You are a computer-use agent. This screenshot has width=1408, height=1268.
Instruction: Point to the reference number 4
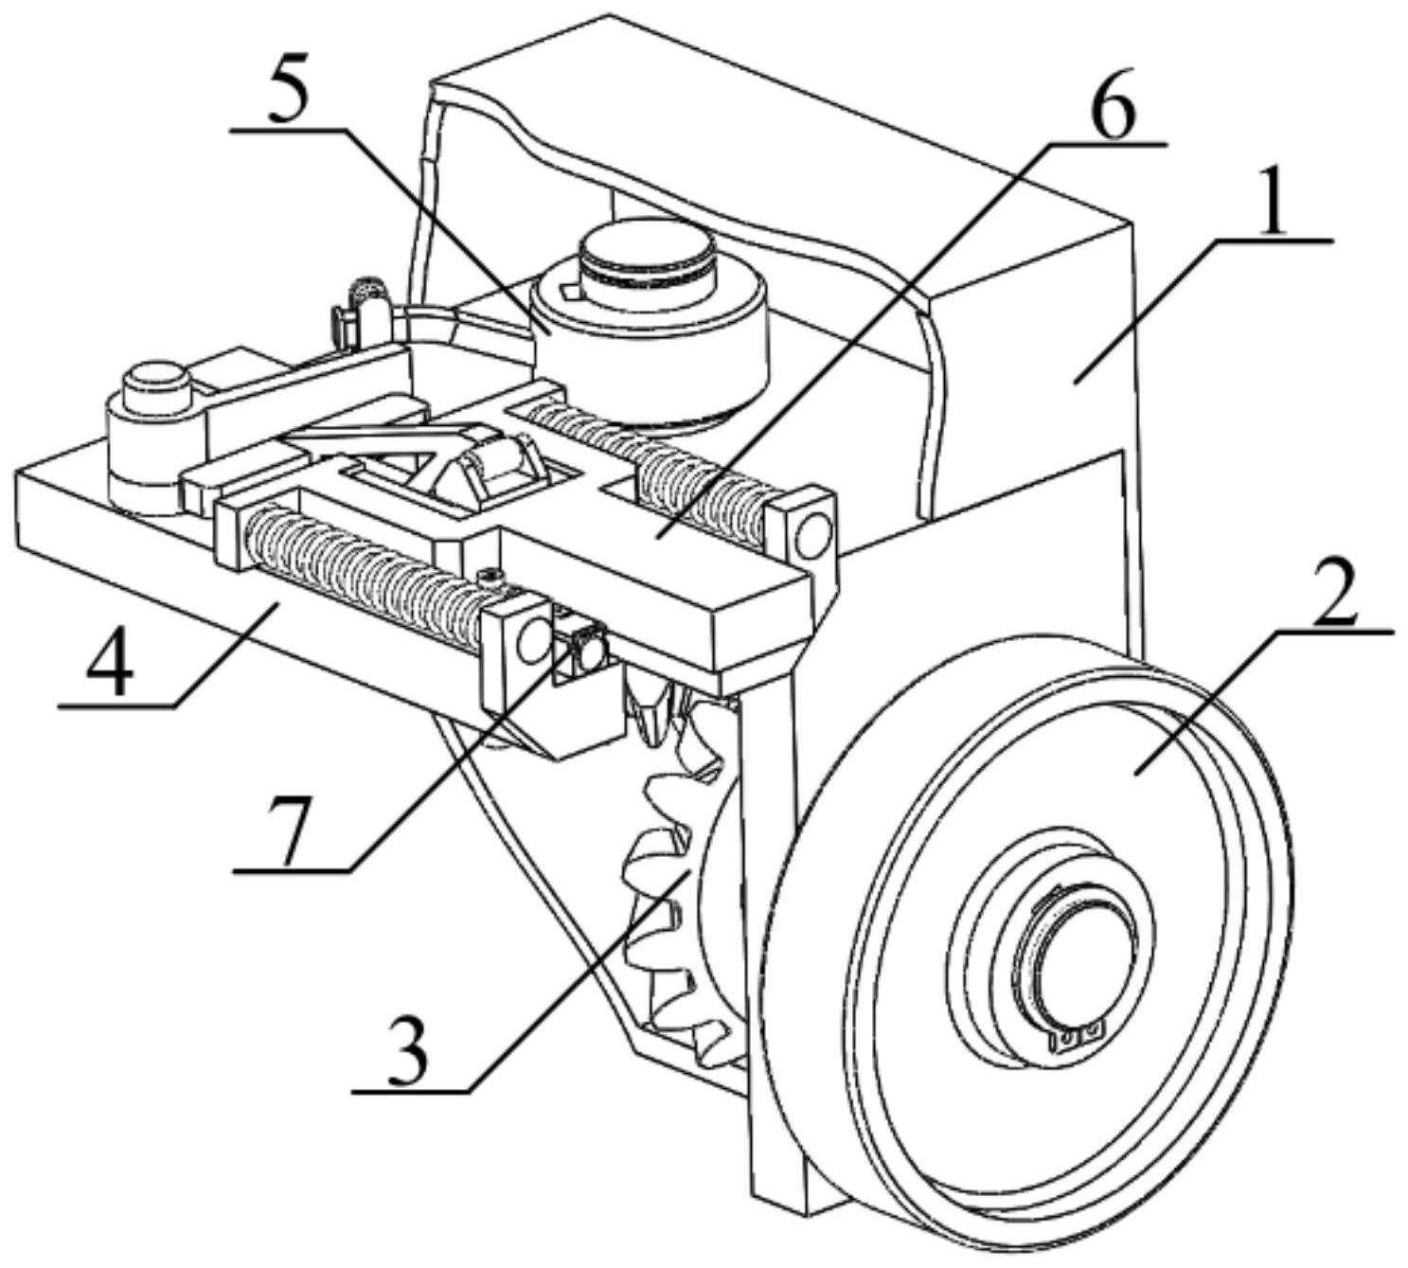tap(111, 663)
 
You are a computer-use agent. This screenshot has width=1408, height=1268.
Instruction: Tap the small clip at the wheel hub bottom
tap(1079, 1038)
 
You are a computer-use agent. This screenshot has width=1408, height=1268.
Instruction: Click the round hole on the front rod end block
tap(530, 644)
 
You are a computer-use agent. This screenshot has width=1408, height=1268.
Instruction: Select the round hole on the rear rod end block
tap(811, 537)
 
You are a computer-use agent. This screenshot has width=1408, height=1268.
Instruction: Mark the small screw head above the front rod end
tap(490, 575)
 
